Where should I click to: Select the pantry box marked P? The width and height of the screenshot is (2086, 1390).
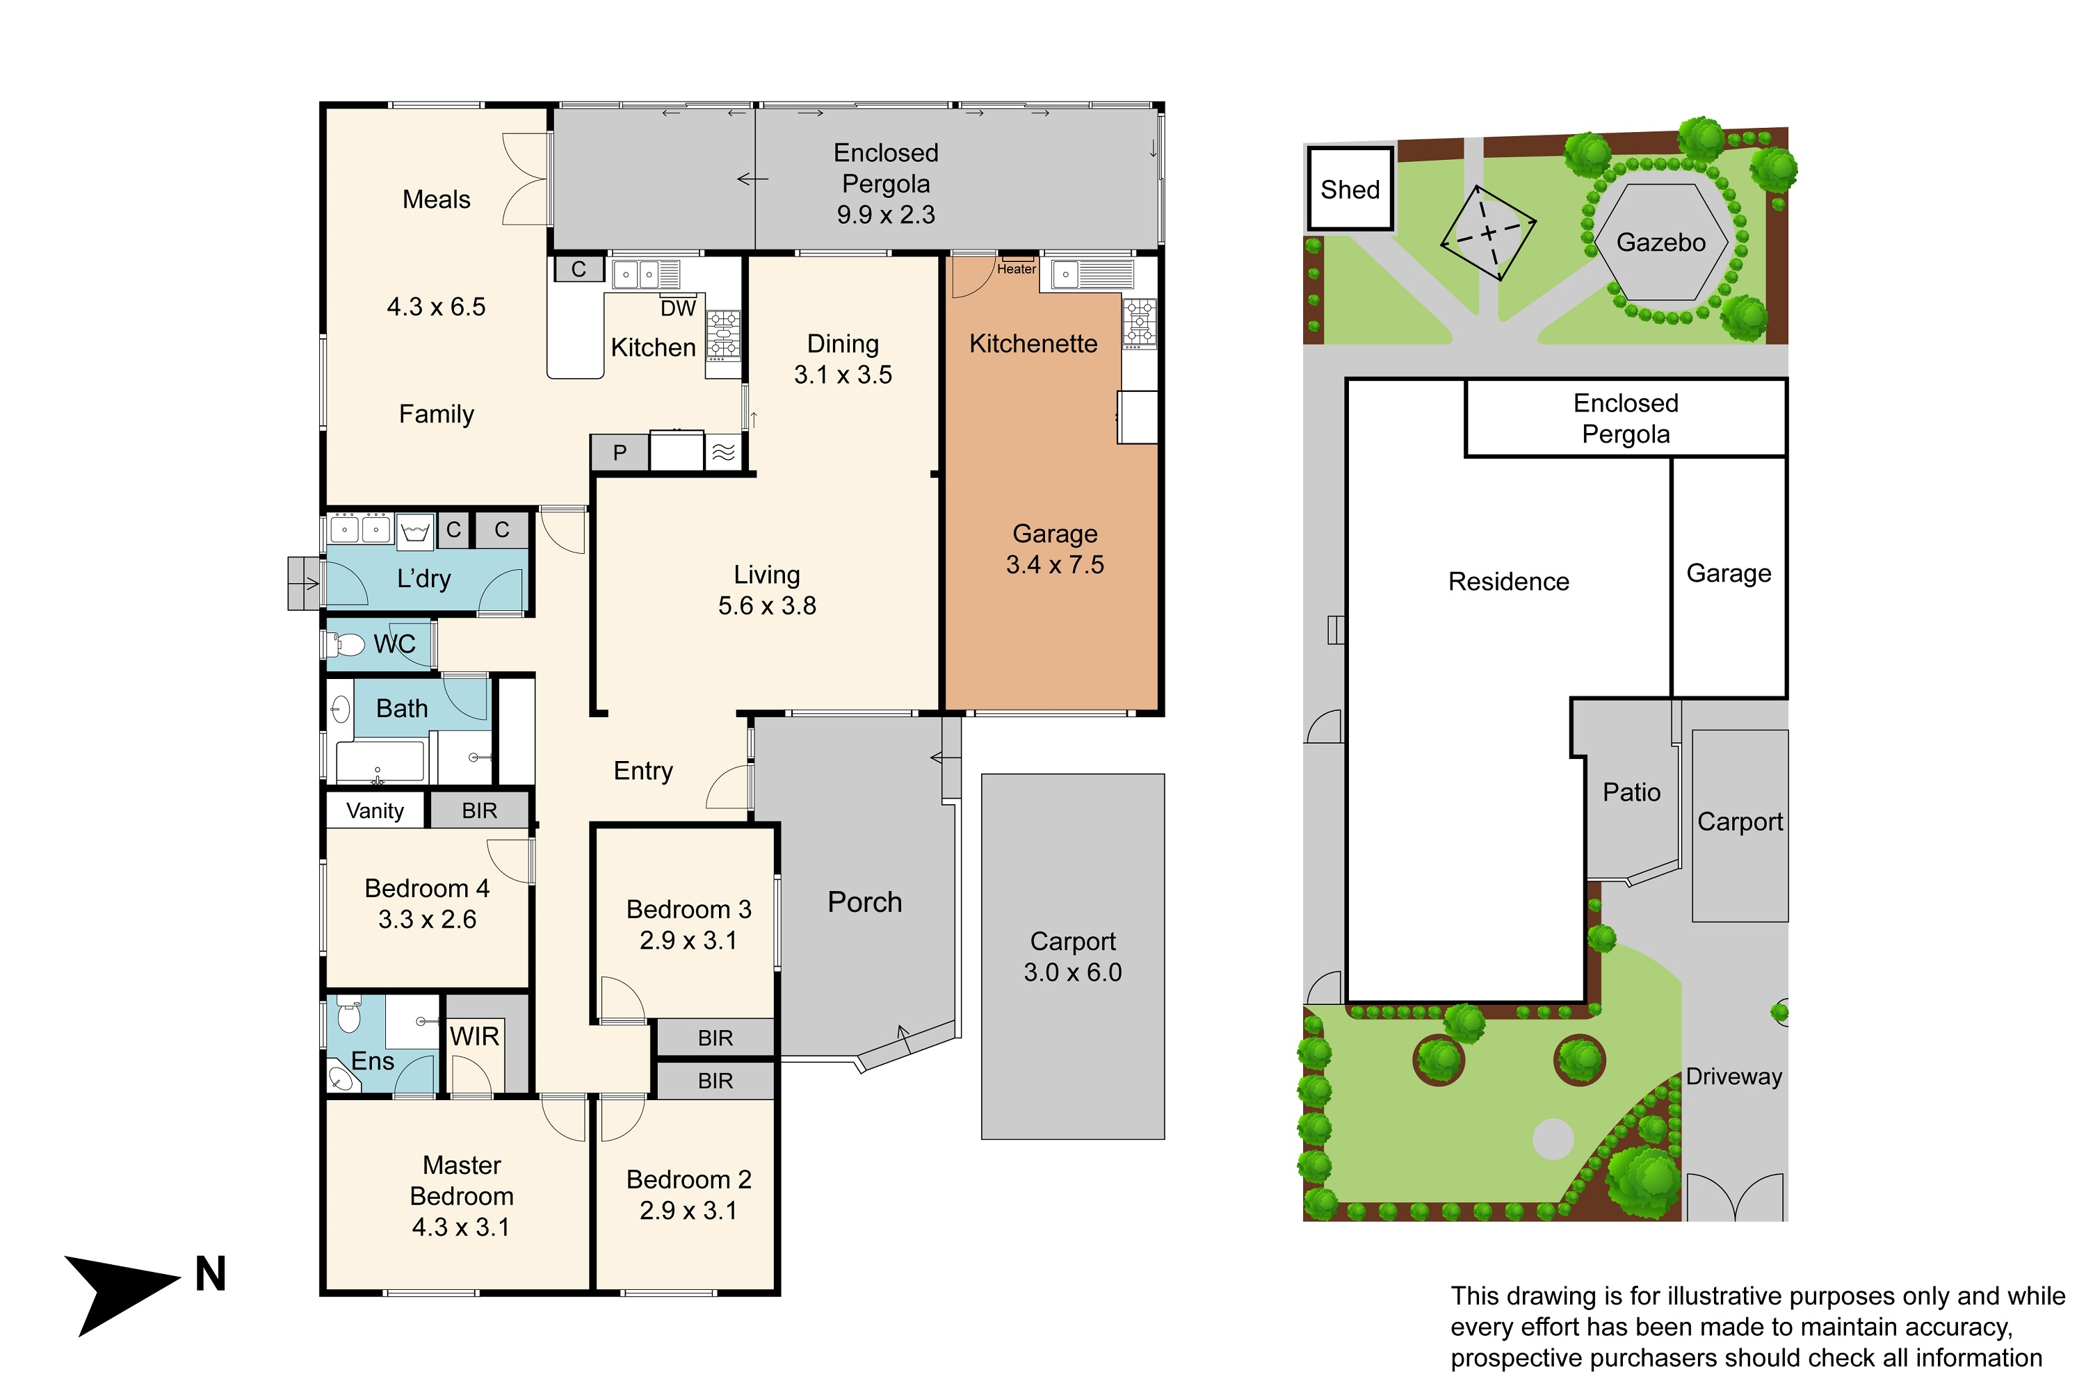(620, 452)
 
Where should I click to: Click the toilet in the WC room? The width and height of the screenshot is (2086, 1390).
(347, 644)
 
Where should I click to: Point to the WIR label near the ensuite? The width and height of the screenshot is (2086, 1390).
(474, 1036)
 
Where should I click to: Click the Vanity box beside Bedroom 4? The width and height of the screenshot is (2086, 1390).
(375, 810)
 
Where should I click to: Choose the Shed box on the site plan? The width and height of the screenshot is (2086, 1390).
(1350, 189)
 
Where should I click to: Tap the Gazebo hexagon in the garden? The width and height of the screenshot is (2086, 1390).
(1661, 242)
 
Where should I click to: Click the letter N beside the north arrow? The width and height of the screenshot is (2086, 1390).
(210, 1274)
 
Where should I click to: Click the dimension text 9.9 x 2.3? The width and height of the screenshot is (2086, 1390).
(886, 215)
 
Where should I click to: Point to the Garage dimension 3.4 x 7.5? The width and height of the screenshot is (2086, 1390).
(1055, 564)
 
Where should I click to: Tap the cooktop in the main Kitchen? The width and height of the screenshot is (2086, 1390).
(723, 335)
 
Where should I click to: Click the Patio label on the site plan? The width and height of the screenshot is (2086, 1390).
(1631, 792)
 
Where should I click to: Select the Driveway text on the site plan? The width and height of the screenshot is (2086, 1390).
(1734, 1076)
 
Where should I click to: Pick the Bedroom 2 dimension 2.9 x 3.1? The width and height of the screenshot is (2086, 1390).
(688, 1210)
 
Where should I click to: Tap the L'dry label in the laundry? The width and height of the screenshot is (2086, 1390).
(424, 579)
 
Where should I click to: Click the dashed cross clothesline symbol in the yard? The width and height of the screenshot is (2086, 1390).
(1488, 233)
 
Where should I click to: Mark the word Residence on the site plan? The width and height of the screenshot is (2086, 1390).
(1509, 582)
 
